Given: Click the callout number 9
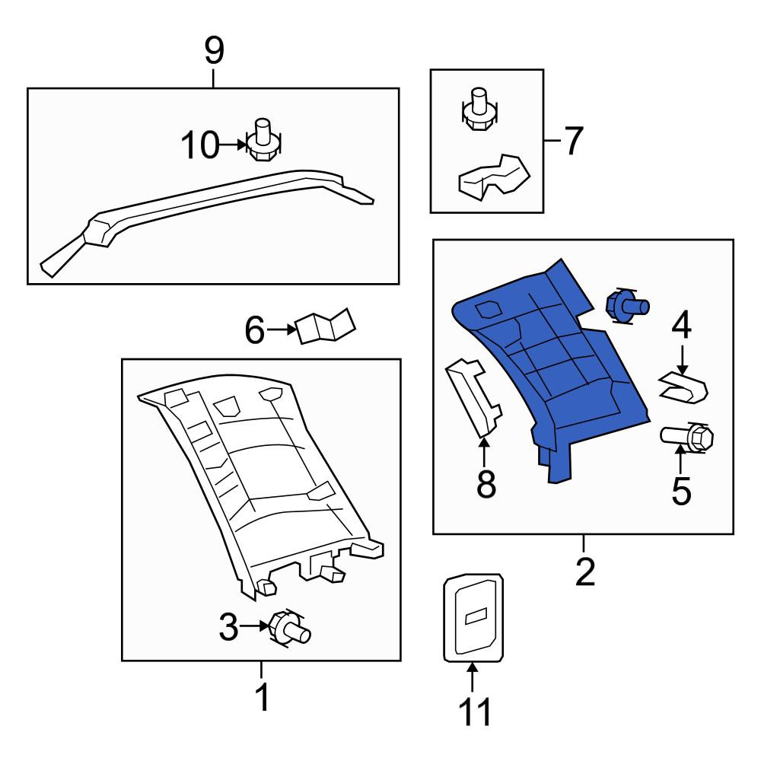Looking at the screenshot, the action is pos(214,51).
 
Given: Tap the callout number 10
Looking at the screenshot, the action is pos(200,145).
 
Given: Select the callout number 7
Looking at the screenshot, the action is pos(573,141).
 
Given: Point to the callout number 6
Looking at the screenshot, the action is pos(255,330).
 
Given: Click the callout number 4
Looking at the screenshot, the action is pos(681,325).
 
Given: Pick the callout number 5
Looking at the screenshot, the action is pos(681,491).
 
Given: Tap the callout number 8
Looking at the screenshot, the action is pos(486,484).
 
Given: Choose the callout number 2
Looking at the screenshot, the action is pos(584,572).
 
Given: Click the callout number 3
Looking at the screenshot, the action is pos(228,626).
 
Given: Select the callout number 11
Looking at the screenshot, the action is pos(475,712).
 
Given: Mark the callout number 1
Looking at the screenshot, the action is pos(262,697).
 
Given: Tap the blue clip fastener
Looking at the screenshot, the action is pos(626,306).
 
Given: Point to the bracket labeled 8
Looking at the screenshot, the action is pos(473,398).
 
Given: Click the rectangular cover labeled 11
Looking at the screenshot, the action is pos(473,618).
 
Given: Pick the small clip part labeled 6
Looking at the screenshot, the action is pos(325,326).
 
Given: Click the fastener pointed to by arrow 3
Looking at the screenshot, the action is pos(289,628).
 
